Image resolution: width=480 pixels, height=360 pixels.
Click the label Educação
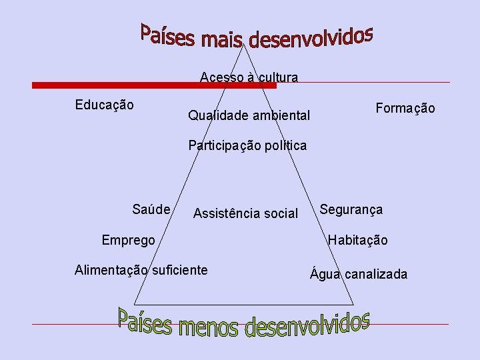[x=104, y=105]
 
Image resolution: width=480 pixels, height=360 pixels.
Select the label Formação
[x=405, y=108]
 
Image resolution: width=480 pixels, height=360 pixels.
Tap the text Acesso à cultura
[x=249, y=77]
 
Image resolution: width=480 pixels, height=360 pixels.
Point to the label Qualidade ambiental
[x=249, y=116]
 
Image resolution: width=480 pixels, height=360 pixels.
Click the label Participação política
[x=247, y=145]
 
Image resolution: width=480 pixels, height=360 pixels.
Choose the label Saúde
[x=151, y=209]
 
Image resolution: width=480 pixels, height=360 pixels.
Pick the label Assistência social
[x=245, y=213]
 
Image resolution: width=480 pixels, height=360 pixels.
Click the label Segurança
[x=351, y=209]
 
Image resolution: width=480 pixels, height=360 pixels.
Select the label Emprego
[x=128, y=240]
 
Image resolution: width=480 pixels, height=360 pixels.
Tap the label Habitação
[x=357, y=240]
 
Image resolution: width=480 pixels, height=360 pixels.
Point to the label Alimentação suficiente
[x=141, y=270]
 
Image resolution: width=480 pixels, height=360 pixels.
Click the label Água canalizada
[x=359, y=274]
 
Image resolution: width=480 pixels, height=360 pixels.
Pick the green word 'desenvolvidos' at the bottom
[x=307, y=325]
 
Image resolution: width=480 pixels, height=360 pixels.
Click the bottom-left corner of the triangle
[x=135, y=303]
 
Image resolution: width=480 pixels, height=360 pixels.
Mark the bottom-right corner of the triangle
[x=353, y=303]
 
